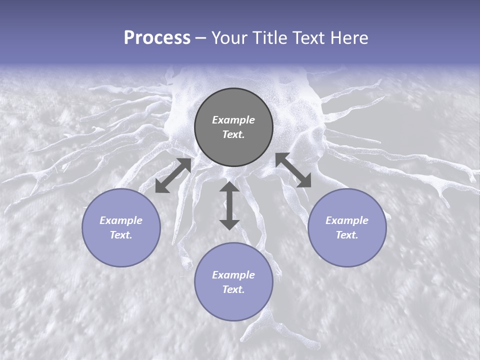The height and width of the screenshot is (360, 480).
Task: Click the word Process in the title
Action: pyautogui.click(x=157, y=38)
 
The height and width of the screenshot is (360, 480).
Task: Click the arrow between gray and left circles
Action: pyautogui.click(x=173, y=175)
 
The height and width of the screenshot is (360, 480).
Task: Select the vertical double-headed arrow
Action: pyautogui.click(x=229, y=205)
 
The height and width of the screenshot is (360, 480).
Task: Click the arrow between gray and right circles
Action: pyautogui.click(x=293, y=170)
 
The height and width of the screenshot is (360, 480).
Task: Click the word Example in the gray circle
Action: pyautogui.click(x=233, y=120)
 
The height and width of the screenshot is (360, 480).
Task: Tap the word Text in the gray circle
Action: pyautogui.click(x=233, y=134)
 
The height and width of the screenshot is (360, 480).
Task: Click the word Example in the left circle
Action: pyautogui.click(x=121, y=220)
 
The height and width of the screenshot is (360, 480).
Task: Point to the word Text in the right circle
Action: pyautogui.click(x=347, y=235)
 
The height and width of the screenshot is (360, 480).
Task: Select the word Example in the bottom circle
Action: pyautogui.click(x=233, y=275)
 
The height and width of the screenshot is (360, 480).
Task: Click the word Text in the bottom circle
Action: pyautogui.click(x=233, y=289)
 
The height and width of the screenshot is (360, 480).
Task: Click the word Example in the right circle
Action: pyautogui.click(x=347, y=220)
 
